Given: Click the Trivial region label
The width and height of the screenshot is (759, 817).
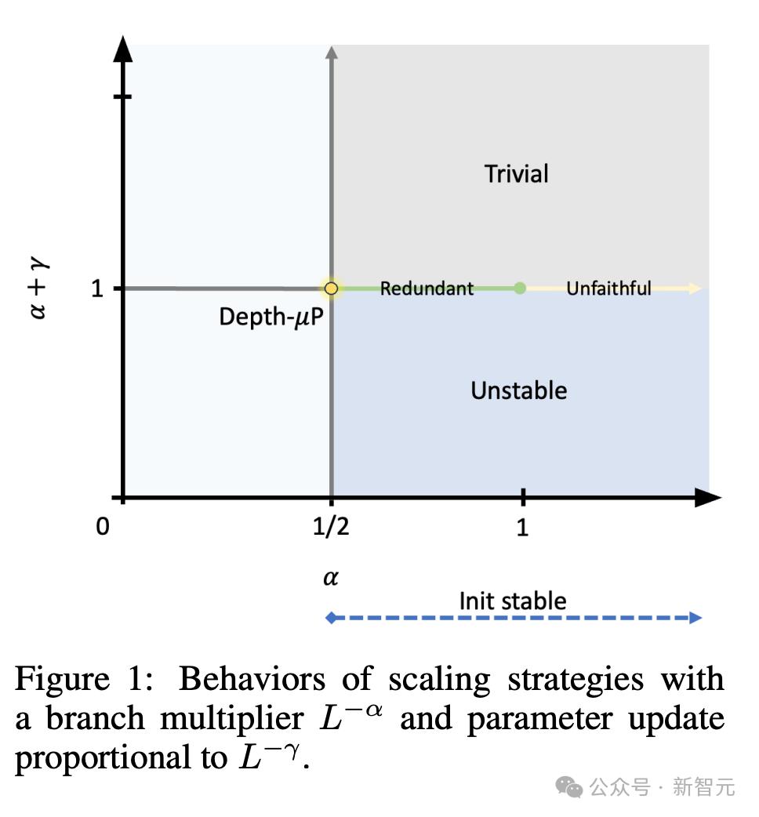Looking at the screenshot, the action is click(516, 173).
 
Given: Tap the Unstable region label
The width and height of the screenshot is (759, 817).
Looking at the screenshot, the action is click(519, 390).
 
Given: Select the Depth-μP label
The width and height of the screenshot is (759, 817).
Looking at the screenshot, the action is click(271, 317).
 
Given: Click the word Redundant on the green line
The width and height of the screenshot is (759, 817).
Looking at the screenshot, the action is click(427, 288).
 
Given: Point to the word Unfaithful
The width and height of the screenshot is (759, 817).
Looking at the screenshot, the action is click(608, 288).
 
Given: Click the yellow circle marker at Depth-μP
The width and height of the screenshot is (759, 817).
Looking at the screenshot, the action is click(331, 288).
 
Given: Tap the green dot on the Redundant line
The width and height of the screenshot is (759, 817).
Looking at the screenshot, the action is click(520, 288).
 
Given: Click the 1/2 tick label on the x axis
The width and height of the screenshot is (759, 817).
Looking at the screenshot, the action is click(331, 527).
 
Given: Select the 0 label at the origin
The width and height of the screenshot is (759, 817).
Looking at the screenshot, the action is click(103, 527).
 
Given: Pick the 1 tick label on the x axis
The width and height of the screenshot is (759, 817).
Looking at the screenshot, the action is click(522, 528).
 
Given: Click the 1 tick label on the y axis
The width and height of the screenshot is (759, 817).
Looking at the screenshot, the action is click(97, 288).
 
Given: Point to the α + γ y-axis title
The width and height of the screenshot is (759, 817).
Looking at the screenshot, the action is click(38, 287).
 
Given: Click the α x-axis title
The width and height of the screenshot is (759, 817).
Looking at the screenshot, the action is click(331, 577).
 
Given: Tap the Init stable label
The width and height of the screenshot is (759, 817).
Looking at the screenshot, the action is click(513, 601).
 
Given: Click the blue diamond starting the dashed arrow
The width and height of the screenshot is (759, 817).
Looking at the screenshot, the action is click(331, 618).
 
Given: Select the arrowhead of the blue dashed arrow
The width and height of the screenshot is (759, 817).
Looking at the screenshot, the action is click(695, 618).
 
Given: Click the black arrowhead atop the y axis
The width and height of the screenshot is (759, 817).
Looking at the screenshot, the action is click(123, 49).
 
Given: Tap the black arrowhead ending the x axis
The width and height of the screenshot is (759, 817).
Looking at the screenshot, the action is click(709, 498).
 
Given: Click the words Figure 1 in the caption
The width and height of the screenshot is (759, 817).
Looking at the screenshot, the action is click(84, 679).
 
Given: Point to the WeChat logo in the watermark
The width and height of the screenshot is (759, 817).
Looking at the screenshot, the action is click(569, 786).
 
